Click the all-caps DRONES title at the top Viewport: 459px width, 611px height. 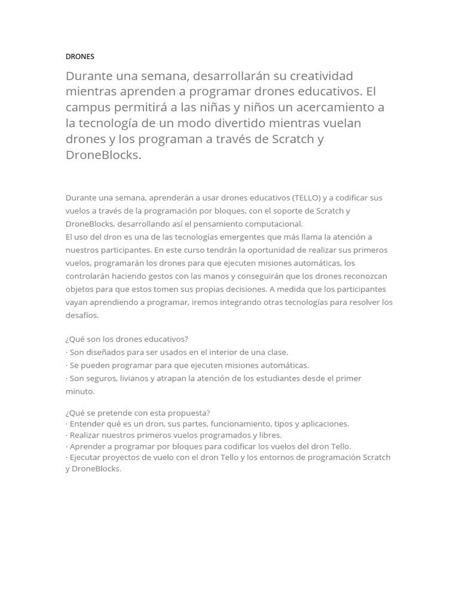point(79,57)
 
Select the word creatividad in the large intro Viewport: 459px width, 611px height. point(321,76)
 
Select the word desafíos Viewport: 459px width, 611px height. point(82,316)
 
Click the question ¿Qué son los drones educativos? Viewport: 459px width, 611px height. point(127,339)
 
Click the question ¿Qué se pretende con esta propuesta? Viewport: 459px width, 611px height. point(137,413)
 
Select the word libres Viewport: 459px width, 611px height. point(270,435)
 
